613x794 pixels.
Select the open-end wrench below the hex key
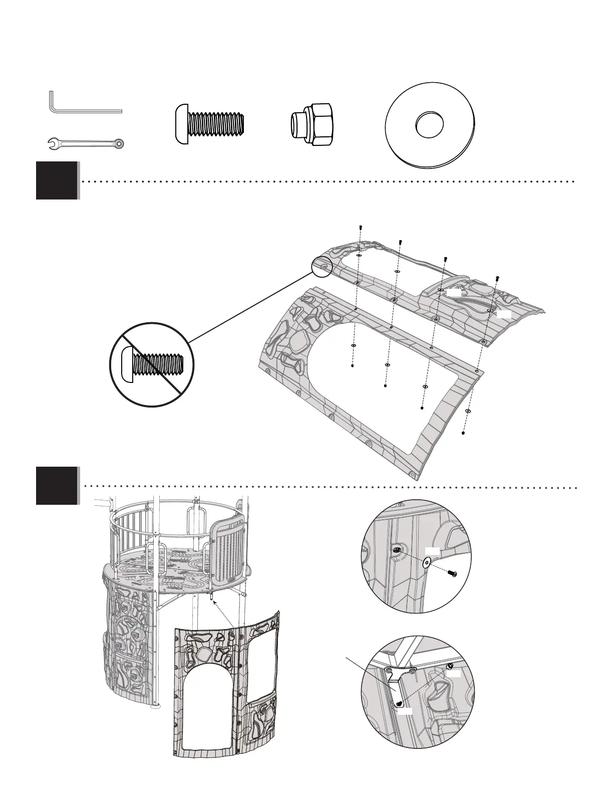(x=85, y=144)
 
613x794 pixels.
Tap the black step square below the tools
(x=57, y=180)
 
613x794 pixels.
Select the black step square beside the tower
(x=57, y=485)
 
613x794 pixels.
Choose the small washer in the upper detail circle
(x=427, y=562)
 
